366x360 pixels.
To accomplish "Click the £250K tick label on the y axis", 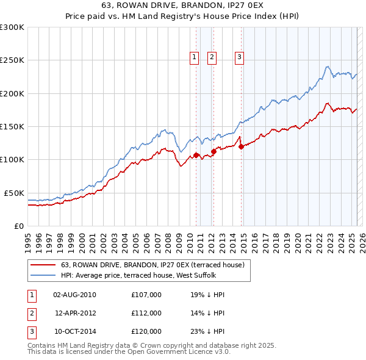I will tap(12, 60).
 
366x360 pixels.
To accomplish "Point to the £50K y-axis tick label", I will tap(13, 193).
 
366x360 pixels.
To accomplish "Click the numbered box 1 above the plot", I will tap(195, 58).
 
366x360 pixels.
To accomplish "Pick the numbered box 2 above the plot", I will tap(212, 58).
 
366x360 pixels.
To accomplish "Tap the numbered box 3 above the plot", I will tap(239, 58).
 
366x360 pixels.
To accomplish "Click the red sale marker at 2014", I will tap(241, 146).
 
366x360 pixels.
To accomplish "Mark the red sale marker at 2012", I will tap(213, 151).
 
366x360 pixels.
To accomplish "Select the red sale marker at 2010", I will tap(196, 155).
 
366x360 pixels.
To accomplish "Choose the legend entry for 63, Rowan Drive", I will tap(152, 265).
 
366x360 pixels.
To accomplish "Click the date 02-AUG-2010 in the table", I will tap(75, 295).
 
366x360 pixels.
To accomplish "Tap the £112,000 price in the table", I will tap(146, 313).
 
